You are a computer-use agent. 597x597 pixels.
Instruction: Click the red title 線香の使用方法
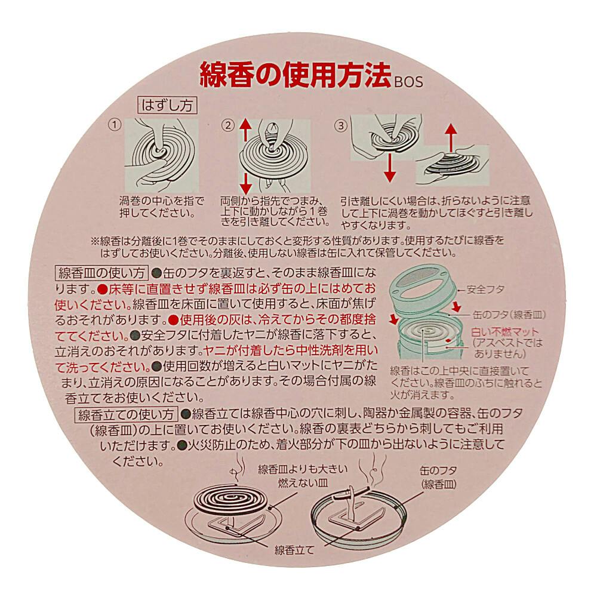click(x=296, y=75)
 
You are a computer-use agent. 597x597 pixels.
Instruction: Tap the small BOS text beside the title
click(x=408, y=82)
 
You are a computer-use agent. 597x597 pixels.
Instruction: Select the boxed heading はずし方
click(x=167, y=105)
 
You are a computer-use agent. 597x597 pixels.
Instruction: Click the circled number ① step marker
click(x=115, y=125)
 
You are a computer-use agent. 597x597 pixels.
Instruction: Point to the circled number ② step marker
click(x=228, y=125)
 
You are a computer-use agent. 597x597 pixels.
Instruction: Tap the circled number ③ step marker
click(x=341, y=125)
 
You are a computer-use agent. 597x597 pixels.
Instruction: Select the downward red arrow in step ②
click(x=245, y=184)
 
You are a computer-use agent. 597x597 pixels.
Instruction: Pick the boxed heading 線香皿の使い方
click(x=101, y=273)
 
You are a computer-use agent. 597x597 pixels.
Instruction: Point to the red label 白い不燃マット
click(x=505, y=331)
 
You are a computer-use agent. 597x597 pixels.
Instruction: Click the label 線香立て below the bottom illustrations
click(x=294, y=550)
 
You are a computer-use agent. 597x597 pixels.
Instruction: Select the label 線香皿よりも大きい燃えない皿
click(x=303, y=476)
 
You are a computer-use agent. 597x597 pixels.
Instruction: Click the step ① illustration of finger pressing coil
click(x=161, y=156)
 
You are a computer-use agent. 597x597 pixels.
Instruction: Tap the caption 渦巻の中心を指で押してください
click(x=162, y=207)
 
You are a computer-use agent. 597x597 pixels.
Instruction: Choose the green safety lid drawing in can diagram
click(x=422, y=287)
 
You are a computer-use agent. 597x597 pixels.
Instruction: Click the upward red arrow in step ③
click(x=451, y=137)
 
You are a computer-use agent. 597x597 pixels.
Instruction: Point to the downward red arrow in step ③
click(x=389, y=168)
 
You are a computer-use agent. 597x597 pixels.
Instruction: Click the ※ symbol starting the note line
click(x=95, y=241)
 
